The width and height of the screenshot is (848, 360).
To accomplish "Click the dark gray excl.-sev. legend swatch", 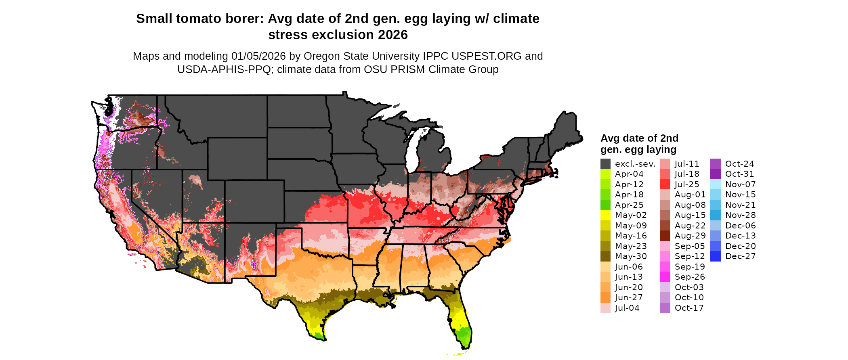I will pos(605,164).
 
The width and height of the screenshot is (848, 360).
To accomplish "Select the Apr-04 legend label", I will pos(629,174).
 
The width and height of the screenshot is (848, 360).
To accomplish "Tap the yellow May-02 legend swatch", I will pos(605,215).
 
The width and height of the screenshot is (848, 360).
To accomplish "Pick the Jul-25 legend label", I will pos(687,184).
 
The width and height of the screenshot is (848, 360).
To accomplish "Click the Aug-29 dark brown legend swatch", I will pos(665,236).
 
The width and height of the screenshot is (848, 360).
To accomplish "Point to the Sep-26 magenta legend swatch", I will pos(665,277).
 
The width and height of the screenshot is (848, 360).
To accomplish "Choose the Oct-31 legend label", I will pos(739,174).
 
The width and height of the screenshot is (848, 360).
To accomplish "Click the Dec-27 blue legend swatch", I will pos(715,256).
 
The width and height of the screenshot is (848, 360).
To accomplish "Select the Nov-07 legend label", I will pos(740,184).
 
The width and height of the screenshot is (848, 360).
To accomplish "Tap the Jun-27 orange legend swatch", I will pos(605,297).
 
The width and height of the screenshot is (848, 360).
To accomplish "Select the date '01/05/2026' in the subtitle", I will pos(258,56).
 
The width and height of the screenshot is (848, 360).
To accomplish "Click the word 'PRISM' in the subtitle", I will pos(407,69).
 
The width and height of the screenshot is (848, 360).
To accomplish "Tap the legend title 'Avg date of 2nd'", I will pos(639,138).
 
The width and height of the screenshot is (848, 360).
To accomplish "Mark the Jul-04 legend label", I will pos(627,308).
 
